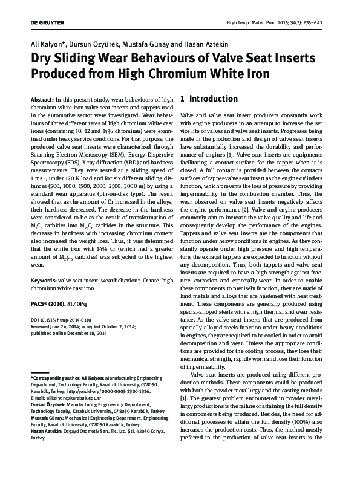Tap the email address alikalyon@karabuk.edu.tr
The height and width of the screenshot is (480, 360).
(76, 398)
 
